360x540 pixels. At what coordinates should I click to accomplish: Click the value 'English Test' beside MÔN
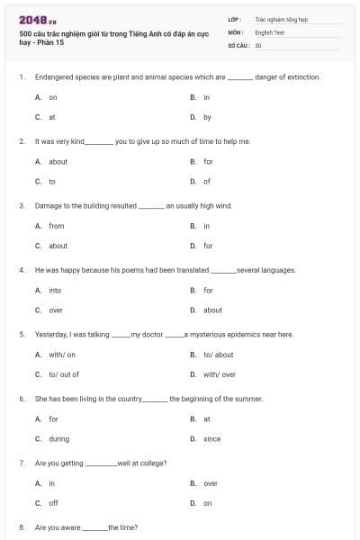(269, 31)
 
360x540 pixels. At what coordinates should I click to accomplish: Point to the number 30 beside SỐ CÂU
(258, 44)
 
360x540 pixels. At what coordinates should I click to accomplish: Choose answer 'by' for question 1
(207, 117)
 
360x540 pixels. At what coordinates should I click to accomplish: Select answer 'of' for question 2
(207, 181)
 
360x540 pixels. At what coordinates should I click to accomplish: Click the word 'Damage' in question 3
(48, 205)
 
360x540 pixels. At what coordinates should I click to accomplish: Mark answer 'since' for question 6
(211, 439)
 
